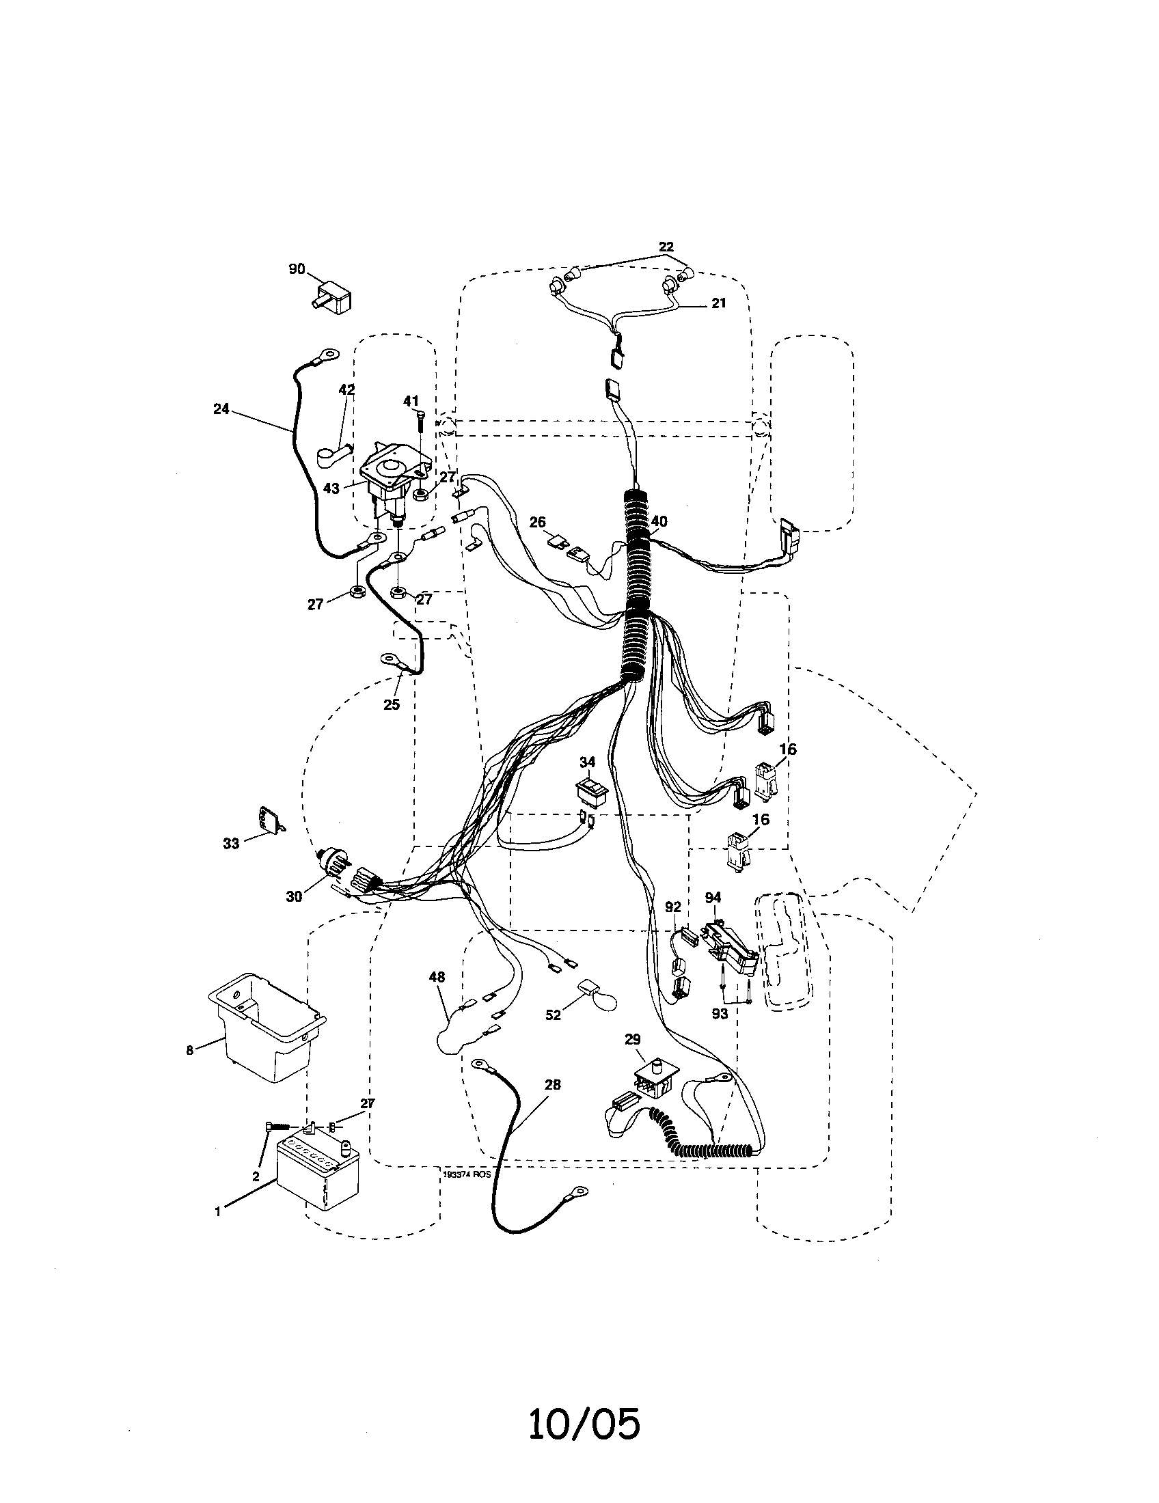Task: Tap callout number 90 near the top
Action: click(297, 269)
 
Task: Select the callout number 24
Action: click(221, 409)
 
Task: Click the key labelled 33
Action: click(269, 818)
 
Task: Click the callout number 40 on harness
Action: click(659, 522)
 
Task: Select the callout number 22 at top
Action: click(666, 247)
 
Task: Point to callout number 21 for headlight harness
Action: click(718, 303)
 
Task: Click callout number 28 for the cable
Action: click(552, 1085)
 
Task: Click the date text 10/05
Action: click(584, 1424)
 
